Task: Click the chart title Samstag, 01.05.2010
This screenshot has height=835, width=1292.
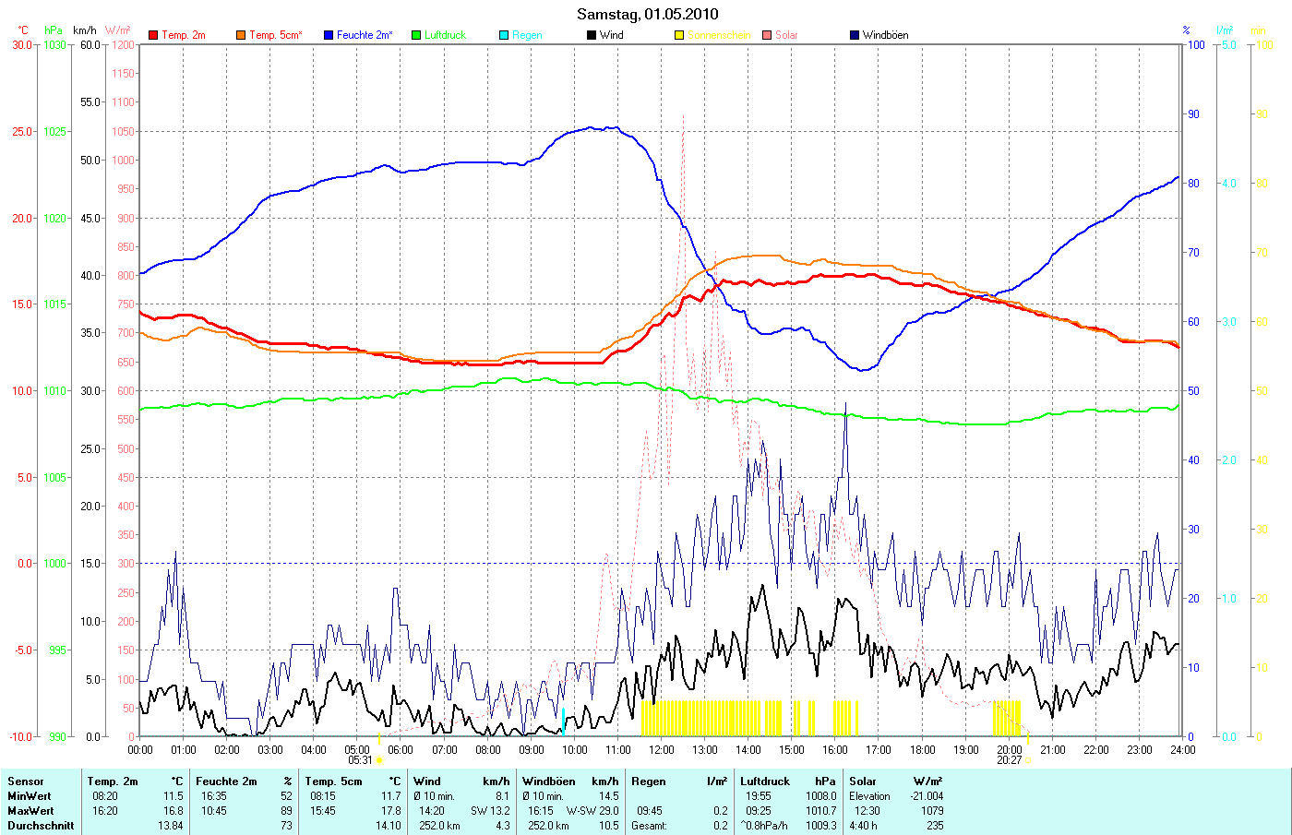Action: click(x=647, y=14)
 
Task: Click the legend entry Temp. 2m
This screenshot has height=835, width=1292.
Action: click(x=183, y=35)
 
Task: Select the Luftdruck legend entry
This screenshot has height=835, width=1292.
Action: click(x=445, y=35)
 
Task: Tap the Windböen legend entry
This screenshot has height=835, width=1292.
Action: click(x=885, y=35)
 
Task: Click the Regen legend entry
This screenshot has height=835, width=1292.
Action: click(x=527, y=35)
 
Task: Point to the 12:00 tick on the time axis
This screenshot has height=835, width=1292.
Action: click(x=661, y=750)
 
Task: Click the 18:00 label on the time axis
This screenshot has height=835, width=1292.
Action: click(x=922, y=750)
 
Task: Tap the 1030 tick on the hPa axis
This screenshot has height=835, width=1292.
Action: click(x=55, y=44)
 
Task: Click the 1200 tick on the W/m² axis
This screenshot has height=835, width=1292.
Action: click(x=123, y=44)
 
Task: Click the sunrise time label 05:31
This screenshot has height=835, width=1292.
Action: click(x=360, y=760)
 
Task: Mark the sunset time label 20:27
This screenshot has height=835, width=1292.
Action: click(x=1009, y=760)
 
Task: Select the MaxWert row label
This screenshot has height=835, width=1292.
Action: click(x=30, y=811)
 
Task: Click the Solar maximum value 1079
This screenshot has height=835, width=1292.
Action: click(x=932, y=811)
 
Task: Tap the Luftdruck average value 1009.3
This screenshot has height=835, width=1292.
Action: click(x=820, y=826)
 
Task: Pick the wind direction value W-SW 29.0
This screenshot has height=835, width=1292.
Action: click(x=592, y=811)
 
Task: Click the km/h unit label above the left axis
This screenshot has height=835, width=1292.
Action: click(x=85, y=30)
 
